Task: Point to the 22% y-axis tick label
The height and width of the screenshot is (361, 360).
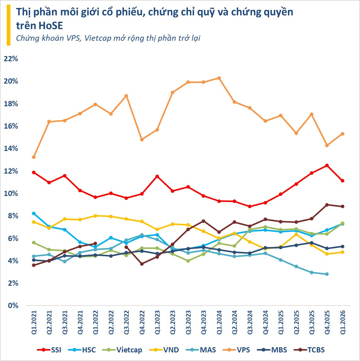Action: coord(11,59)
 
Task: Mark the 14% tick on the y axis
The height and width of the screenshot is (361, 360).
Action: coord(11,149)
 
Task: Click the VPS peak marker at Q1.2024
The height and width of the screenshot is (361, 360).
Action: coord(219,78)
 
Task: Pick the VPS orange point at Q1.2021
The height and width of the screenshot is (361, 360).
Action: coord(34,157)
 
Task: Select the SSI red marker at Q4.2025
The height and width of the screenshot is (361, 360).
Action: coord(327,165)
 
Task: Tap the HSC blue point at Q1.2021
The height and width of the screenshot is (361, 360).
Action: coord(34,213)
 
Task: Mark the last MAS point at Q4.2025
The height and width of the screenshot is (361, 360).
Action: coord(327,274)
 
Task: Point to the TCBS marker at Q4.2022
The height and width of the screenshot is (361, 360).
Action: coord(142,264)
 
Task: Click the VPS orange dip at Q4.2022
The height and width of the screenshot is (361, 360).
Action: coord(142,140)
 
